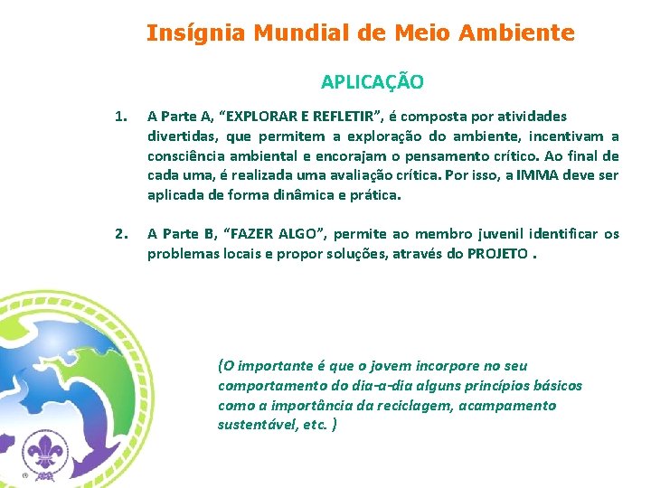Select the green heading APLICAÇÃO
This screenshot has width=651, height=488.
pos(372,82)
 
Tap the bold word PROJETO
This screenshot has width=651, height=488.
pos(498,254)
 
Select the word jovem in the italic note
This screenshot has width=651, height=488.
pos(392,366)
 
